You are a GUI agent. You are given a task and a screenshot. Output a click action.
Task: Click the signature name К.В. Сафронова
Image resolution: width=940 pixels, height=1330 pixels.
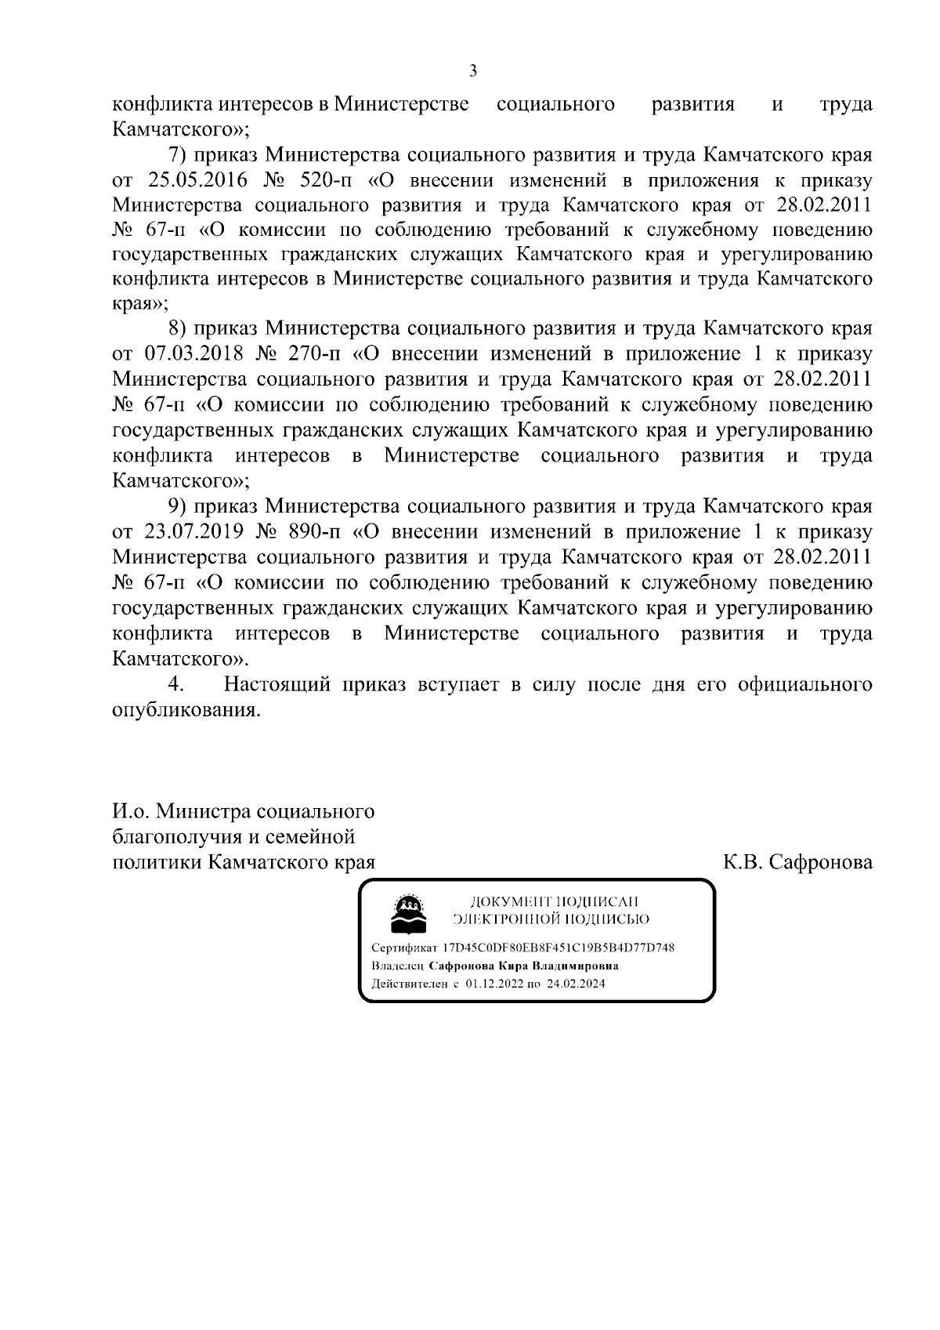pos(797,863)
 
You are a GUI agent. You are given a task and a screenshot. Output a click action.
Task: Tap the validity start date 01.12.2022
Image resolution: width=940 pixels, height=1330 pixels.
pos(495,984)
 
